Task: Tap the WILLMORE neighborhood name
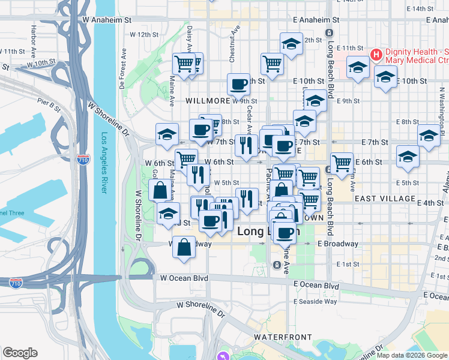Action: [x=208, y=101]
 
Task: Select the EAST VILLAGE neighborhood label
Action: [x=385, y=198]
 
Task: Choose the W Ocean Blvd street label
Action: [x=184, y=278]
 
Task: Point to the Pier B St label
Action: [x=49, y=106]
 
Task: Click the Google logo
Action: [x=20, y=353]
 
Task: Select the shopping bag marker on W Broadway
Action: [x=184, y=247]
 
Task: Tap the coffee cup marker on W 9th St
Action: [x=238, y=85]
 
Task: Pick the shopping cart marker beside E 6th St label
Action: [x=342, y=163]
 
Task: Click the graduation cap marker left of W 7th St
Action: [x=167, y=134]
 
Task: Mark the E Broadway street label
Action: [x=338, y=244]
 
